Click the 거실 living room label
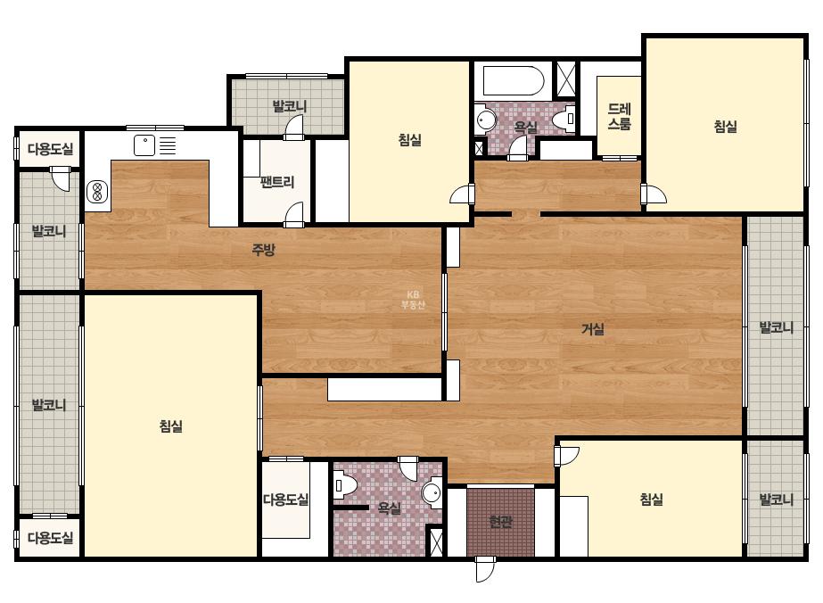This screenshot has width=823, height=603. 593,329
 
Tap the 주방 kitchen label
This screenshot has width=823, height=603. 264,250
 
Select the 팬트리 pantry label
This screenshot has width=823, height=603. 277,182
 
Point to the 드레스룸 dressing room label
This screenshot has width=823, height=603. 620,117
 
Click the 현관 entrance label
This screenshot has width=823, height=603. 500,522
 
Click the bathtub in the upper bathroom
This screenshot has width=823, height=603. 513,80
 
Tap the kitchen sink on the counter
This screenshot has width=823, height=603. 144,145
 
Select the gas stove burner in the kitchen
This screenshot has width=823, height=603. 97,191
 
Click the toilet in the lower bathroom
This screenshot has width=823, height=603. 345,485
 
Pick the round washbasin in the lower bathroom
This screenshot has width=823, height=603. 432,492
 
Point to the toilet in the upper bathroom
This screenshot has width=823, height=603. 564,119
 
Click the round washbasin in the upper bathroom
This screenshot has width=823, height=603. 486,120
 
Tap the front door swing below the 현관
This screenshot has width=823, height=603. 485,569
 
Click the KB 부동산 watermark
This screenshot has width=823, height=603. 413,300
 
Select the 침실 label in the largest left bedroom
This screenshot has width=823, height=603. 171,425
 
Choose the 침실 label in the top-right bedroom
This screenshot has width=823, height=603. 726,126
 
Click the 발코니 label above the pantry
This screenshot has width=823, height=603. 289,107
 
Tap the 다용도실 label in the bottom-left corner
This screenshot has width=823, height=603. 51,537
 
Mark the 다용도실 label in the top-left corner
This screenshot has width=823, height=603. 51,149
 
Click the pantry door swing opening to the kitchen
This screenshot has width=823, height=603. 294,215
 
